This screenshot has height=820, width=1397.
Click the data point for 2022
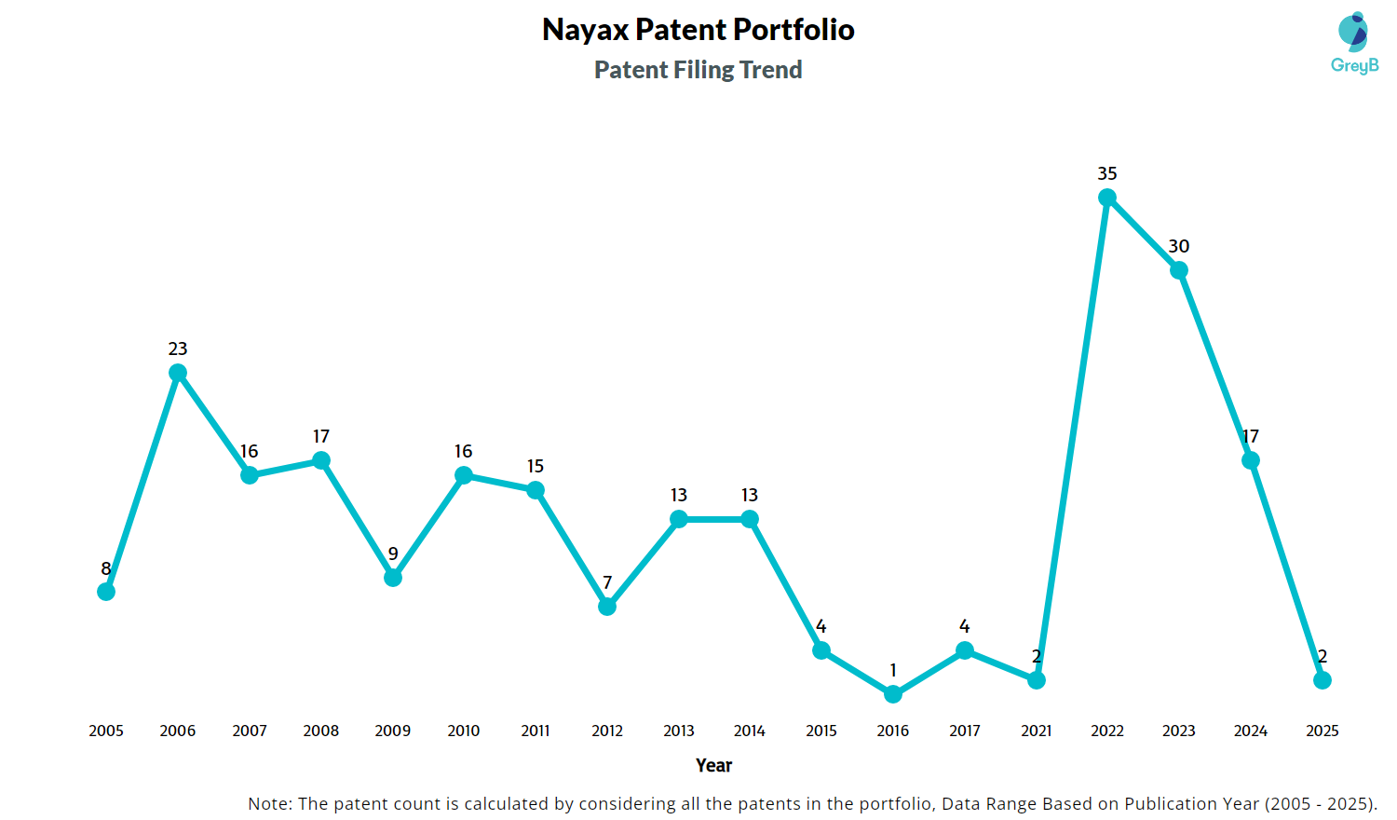[1107, 198]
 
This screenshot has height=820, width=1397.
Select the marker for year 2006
[178, 373]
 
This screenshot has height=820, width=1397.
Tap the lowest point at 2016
[893, 694]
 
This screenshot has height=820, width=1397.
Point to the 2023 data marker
[1179, 270]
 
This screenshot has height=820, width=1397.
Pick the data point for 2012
[607, 607]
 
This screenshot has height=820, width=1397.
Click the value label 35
[1107, 173]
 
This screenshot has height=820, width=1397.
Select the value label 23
[178, 348]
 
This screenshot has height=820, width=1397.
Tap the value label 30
[1179, 246]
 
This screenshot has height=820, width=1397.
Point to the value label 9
[393, 553]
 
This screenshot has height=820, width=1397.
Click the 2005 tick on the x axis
[106, 731]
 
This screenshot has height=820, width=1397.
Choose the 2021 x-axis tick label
[1037, 731]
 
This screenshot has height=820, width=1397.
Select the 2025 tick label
[1322, 731]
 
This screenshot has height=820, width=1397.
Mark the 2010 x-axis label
[464, 731]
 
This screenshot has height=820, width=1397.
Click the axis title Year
[713, 765]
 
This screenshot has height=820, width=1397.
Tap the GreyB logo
[1354, 43]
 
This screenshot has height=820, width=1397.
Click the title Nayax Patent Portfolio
[698, 30]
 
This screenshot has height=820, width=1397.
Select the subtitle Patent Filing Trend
[698, 70]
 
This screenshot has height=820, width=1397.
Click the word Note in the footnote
[268, 803]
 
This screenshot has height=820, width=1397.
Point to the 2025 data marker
[1322, 680]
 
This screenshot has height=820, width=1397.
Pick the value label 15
[536, 466]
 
